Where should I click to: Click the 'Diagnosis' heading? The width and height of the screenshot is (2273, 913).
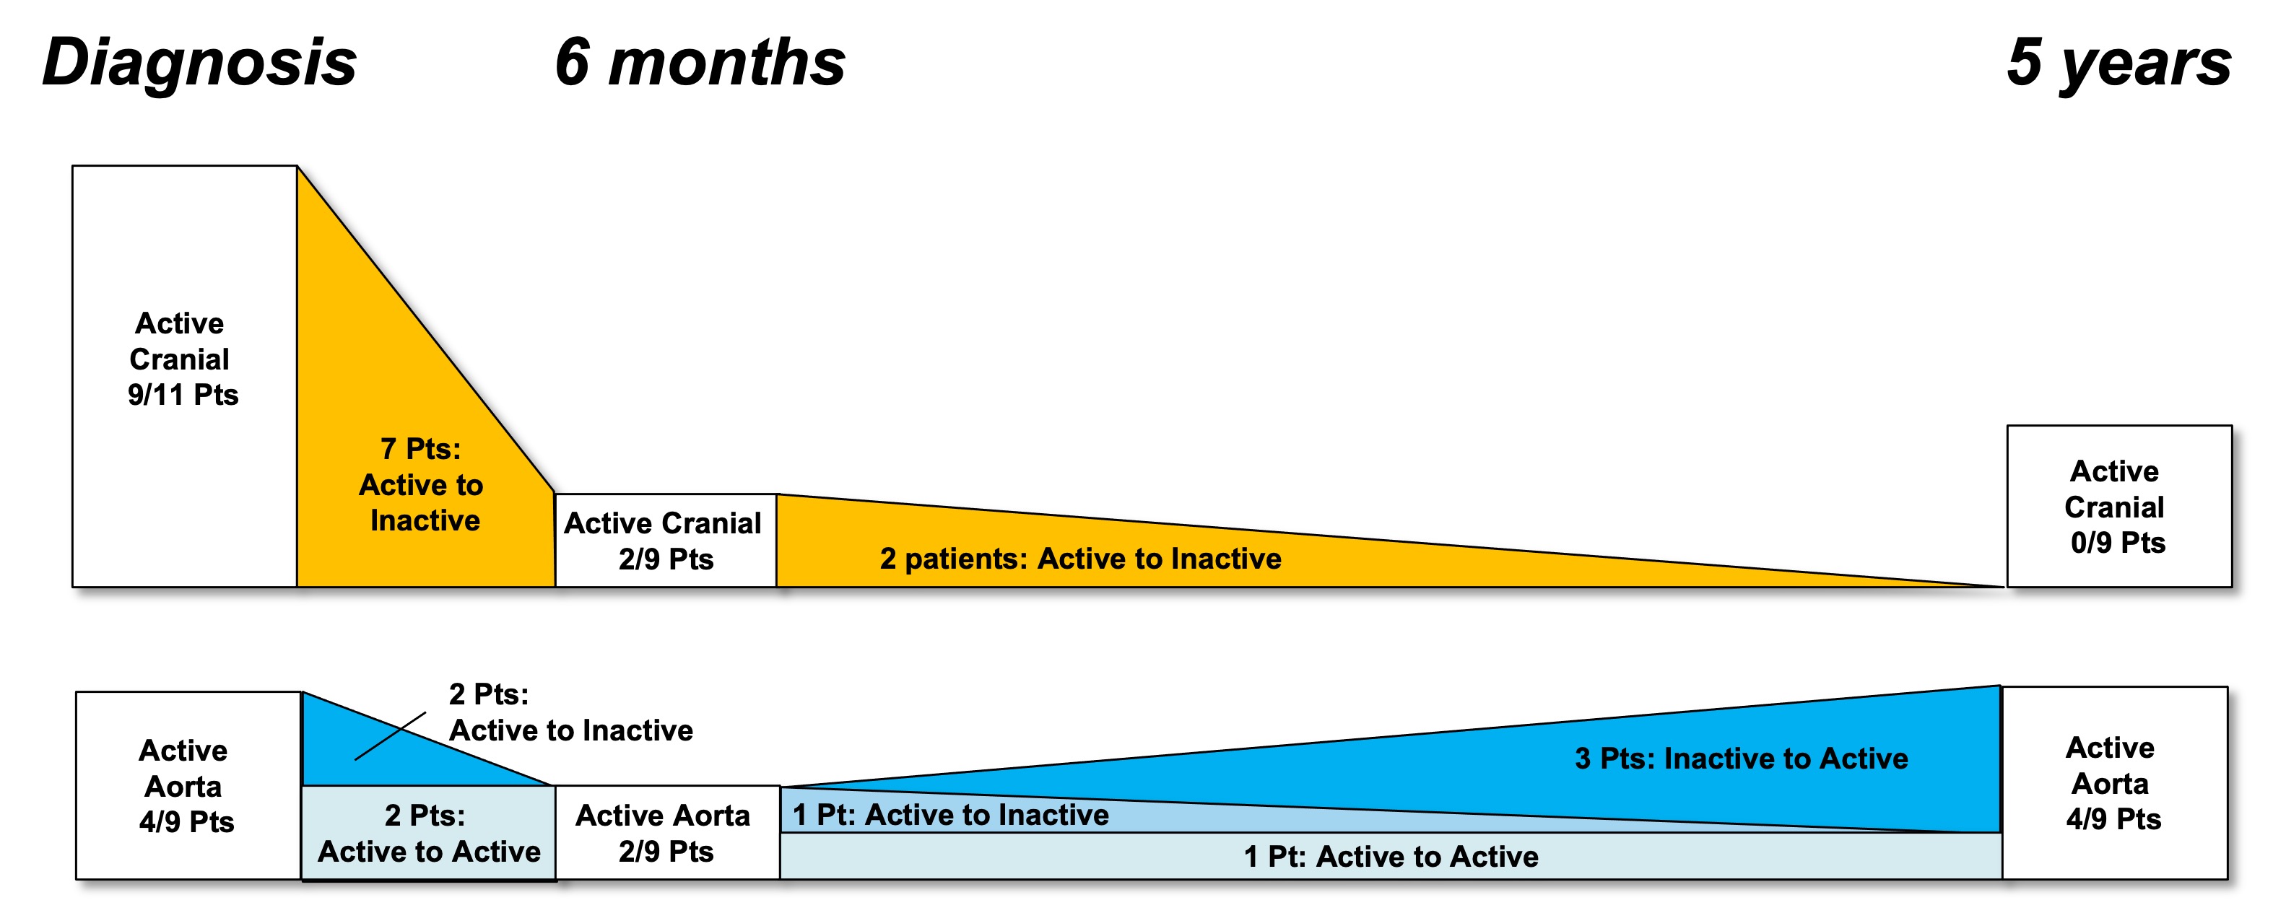199,64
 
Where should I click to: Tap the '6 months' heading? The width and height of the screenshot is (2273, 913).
700,63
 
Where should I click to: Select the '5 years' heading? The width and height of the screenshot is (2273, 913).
2118,63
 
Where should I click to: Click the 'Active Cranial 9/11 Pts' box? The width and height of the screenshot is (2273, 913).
184,376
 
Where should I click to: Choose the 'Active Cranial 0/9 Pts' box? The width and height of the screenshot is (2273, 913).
2119,507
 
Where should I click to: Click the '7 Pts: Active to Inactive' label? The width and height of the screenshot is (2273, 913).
422,485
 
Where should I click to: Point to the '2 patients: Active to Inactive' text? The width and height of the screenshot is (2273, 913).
1080,559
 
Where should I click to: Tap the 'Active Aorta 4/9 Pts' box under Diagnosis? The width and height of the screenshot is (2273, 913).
188,785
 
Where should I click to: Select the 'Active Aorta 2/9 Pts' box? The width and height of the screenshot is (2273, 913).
667,833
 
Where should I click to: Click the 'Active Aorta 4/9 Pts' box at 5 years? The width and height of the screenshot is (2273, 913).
2115,782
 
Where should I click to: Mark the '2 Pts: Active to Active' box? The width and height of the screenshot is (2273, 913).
429,833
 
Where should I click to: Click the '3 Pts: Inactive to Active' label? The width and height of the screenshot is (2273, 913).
1741,759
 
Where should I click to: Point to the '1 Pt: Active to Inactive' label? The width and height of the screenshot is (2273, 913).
950,815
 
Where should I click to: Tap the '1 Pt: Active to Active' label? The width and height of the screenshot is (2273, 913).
1391,857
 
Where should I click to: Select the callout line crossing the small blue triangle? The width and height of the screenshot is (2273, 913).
390,735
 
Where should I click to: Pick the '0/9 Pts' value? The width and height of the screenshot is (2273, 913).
2118,543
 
